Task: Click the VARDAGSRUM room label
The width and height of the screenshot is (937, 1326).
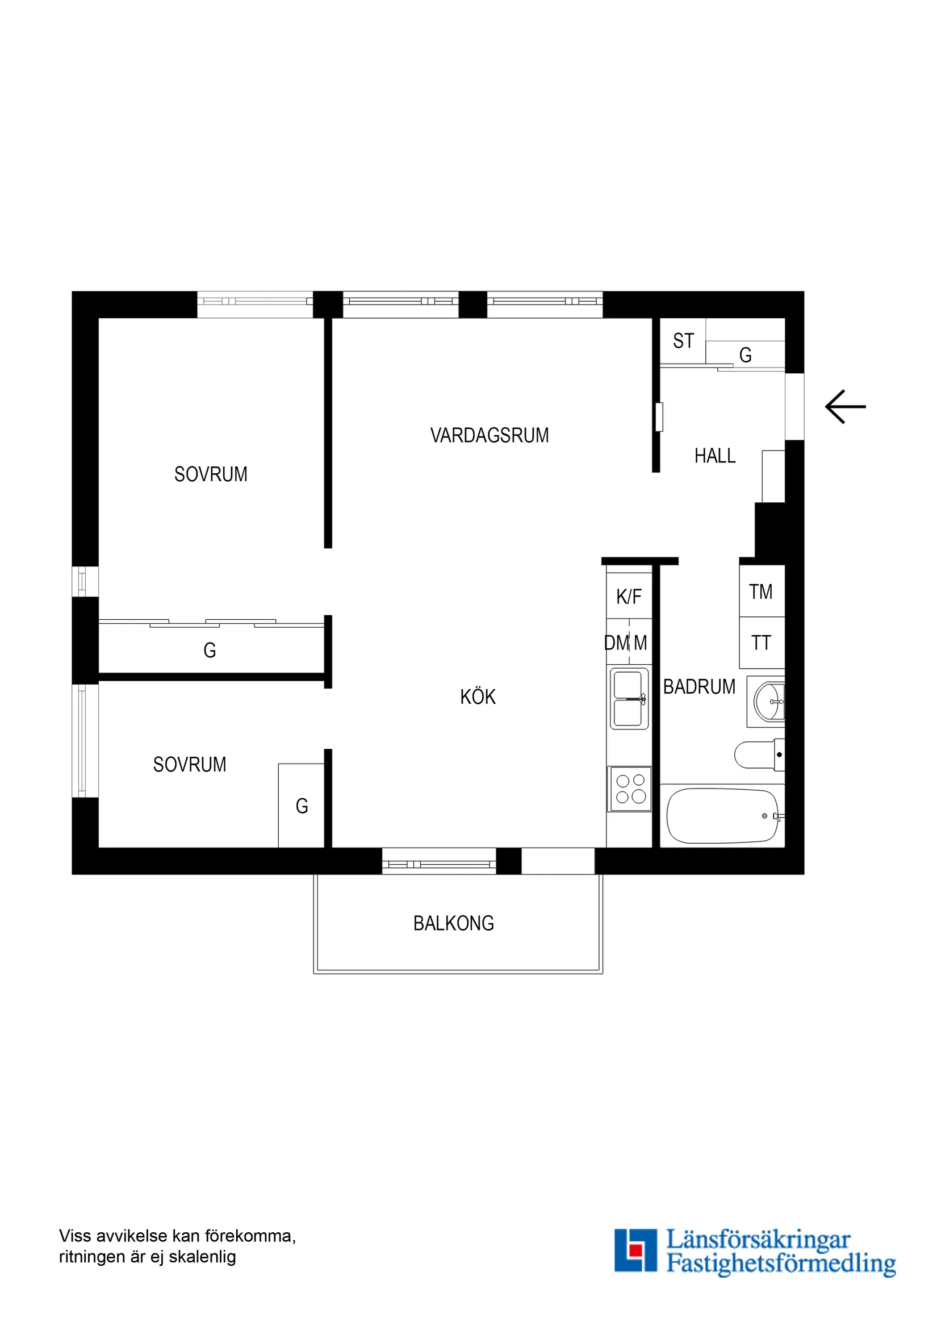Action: [x=489, y=435]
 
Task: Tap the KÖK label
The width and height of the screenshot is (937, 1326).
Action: [x=478, y=697]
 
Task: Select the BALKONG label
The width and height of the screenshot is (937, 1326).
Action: [x=453, y=923]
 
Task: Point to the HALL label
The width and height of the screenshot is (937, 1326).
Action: [x=715, y=456]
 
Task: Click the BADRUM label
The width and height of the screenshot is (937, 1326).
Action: [x=698, y=687]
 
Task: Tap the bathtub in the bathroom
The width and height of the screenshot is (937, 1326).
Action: [x=722, y=816]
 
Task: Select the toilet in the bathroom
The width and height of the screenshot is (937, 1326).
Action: [x=758, y=755]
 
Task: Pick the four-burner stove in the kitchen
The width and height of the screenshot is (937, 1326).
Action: [x=630, y=789]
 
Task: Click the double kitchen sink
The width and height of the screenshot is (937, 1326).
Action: [x=629, y=699]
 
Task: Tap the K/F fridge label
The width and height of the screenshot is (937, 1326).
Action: [x=629, y=597]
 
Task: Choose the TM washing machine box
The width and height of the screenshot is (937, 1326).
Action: [x=761, y=592]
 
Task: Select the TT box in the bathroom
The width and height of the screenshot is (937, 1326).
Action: [x=761, y=643]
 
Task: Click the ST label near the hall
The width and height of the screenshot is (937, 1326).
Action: [x=683, y=341]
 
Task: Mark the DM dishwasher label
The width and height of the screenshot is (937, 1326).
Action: [x=616, y=643]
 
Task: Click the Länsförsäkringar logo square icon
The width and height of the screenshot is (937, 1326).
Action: [x=635, y=1250]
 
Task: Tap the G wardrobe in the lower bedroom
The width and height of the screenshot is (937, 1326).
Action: [x=302, y=806]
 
